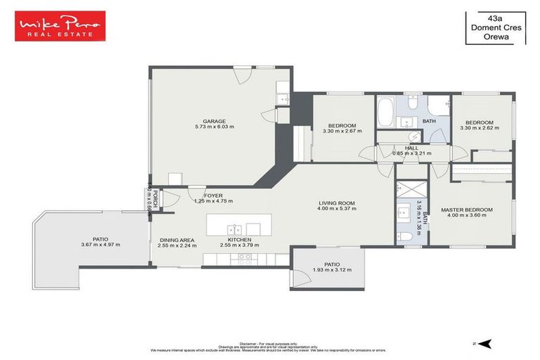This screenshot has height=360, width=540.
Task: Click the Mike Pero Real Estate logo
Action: [61, 26]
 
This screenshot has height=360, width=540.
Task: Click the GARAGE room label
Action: [214, 120]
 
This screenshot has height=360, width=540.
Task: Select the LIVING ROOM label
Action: [336, 203]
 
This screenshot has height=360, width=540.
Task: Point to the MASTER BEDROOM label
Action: [467, 210]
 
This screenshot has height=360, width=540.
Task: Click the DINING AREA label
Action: [176, 240]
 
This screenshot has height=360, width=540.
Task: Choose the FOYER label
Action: [213, 195]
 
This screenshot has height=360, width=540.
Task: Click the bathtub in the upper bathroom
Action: [386, 112]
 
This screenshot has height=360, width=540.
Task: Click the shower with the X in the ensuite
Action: [408, 190]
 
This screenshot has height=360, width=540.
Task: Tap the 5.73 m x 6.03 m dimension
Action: [214, 127]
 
